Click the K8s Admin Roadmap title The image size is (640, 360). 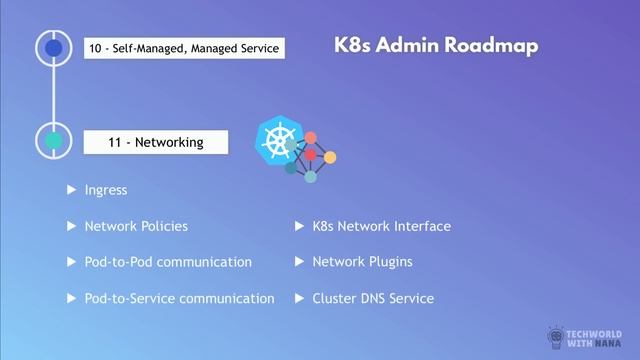(x=436, y=46)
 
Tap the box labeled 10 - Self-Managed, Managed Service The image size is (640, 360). (x=184, y=48)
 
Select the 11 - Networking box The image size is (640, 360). (x=156, y=142)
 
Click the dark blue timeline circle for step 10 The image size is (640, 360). (x=53, y=47)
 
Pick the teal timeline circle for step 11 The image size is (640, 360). (x=53, y=141)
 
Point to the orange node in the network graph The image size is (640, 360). (x=330, y=157)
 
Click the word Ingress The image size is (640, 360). (x=106, y=189)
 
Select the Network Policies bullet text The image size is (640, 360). (x=136, y=226)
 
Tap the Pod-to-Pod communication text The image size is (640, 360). (x=168, y=262)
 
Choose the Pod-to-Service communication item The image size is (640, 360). (x=179, y=298)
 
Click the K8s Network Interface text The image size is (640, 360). (x=381, y=226)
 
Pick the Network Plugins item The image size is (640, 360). (x=362, y=262)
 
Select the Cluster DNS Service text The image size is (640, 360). (x=373, y=298)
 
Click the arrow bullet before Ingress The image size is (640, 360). (x=71, y=189)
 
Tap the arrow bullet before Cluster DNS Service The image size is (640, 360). (x=299, y=298)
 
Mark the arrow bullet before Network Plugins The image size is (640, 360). (x=299, y=262)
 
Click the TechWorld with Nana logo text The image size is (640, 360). (x=600, y=337)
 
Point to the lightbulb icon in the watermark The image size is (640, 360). (x=557, y=337)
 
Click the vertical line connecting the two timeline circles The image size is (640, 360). (x=53, y=94)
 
